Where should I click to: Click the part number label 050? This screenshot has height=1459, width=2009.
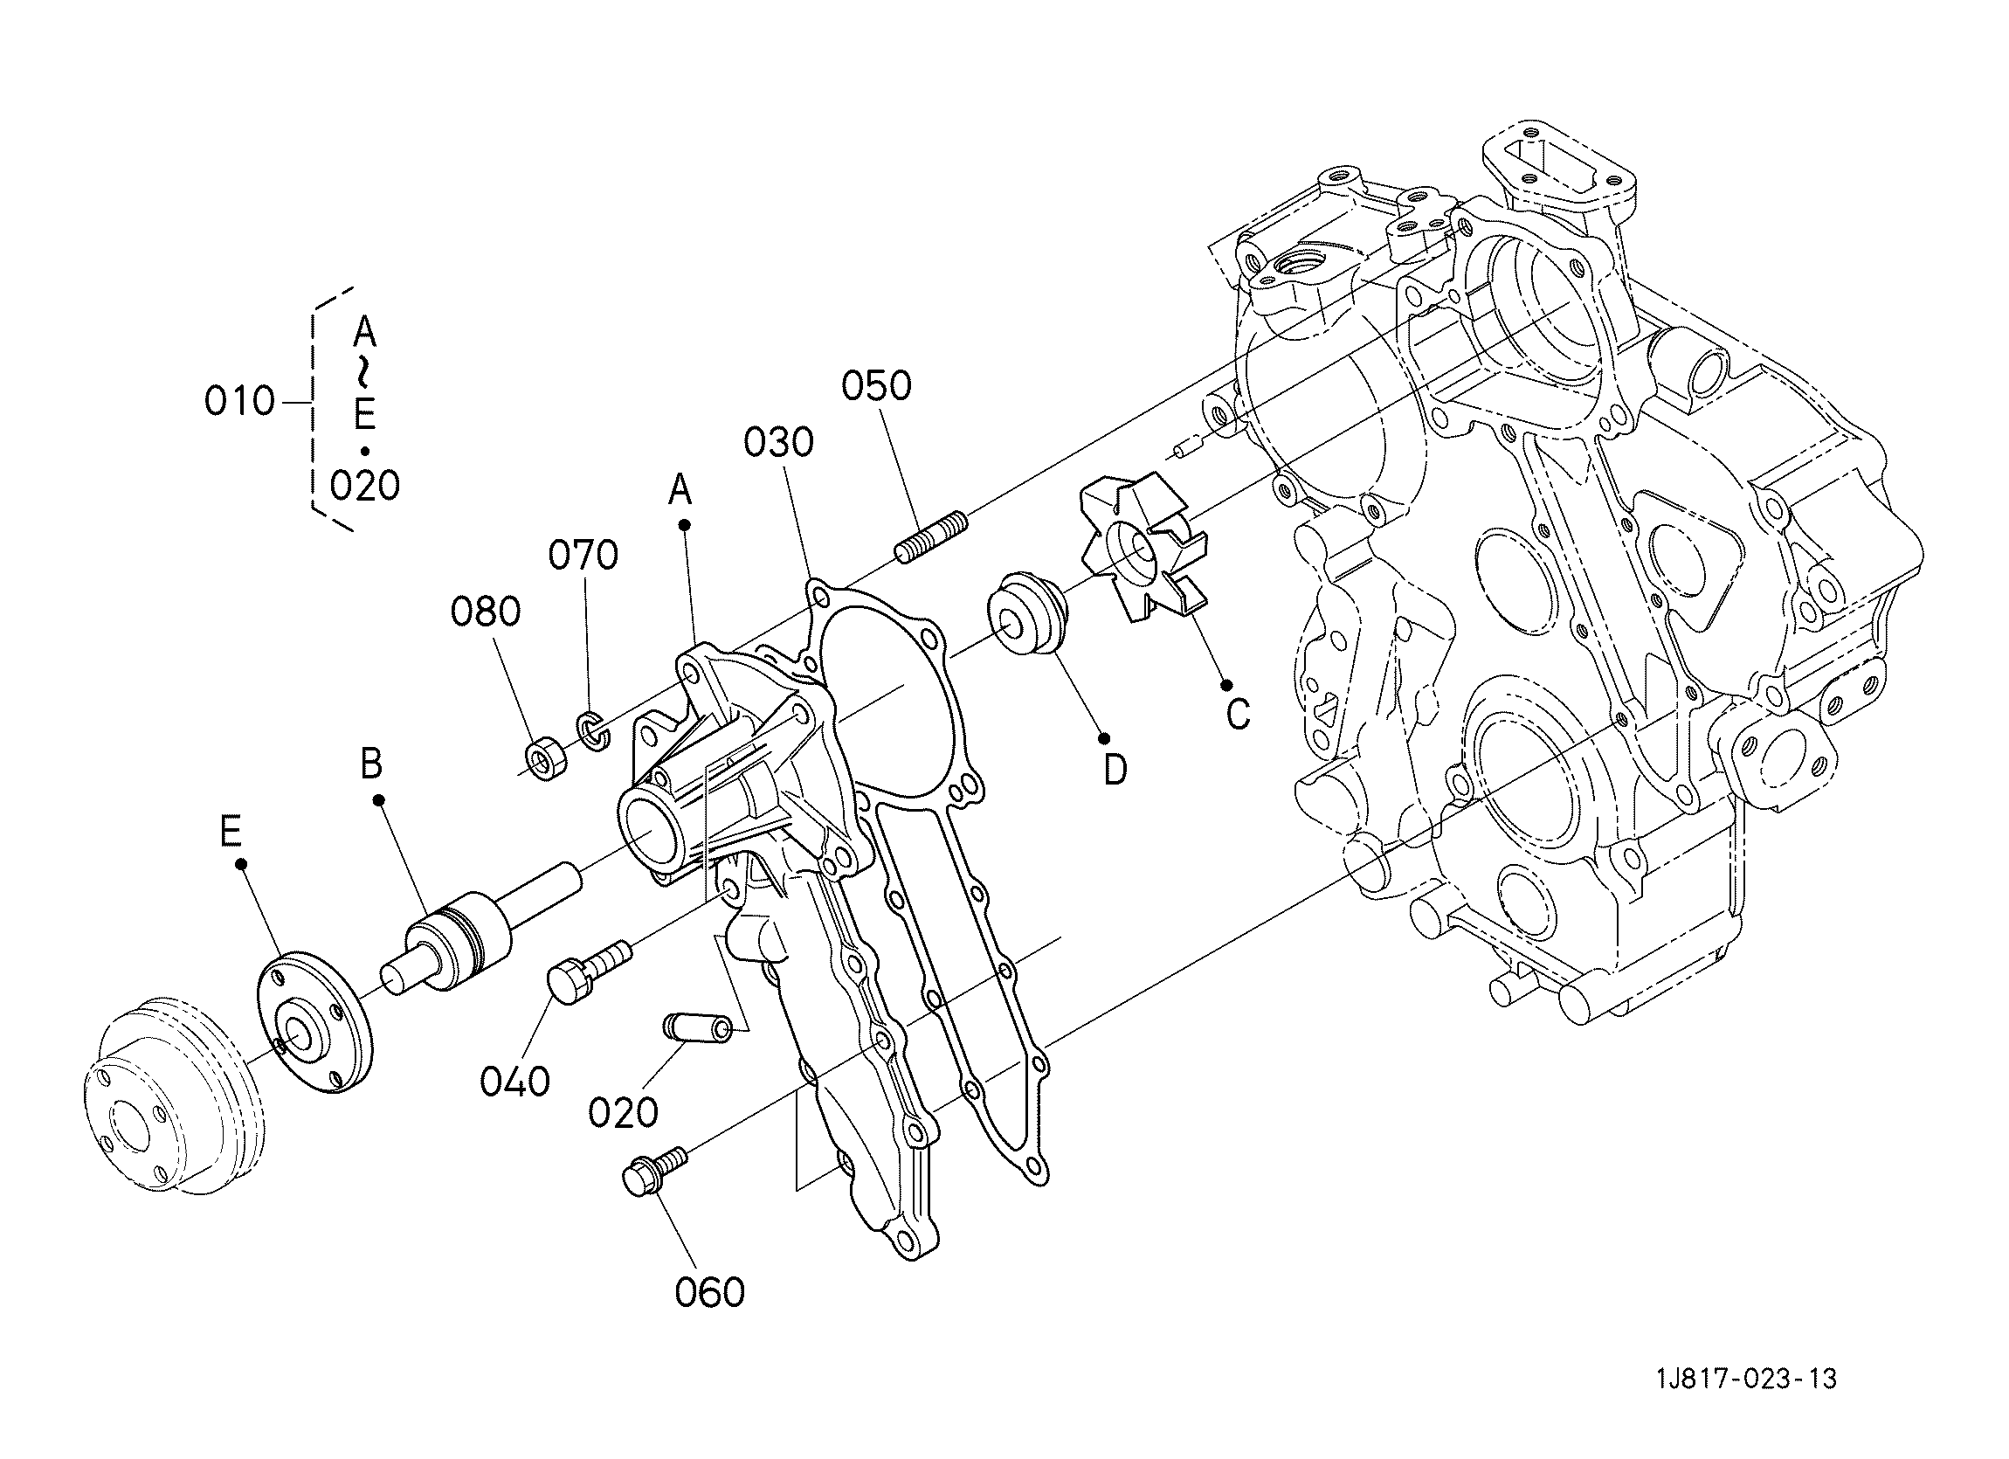pos(876,386)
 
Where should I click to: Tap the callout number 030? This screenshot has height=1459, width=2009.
pos(777,442)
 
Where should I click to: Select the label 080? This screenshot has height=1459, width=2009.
pos(486,612)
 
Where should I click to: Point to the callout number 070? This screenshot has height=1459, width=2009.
pos(583,556)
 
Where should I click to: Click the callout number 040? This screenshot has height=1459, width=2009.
pos(514,1082)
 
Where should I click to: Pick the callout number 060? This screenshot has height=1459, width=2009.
pos(709,1293)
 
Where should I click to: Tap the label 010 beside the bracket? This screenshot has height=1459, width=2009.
pos(240,402)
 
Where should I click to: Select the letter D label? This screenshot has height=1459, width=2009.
pos(1115,770)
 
